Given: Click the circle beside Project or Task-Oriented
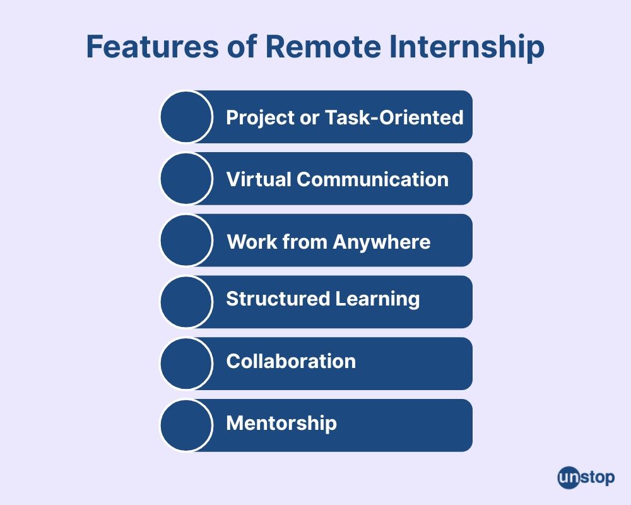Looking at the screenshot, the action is point(186,117).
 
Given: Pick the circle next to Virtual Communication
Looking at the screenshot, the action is point(186,179).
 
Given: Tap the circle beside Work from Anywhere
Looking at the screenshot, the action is point(186,240).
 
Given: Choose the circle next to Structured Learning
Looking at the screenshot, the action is point(186,302).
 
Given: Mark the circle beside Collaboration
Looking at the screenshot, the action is point(186,364).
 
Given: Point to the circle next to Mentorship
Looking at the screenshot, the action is point(186,425).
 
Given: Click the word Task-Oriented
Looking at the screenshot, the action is point(394,117).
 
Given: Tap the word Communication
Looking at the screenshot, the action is point(373,179).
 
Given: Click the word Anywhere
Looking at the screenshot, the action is point(382,242).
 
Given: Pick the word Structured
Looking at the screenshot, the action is point(278,299).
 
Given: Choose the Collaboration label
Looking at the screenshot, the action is point(291,361).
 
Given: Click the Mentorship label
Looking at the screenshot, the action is point(281,424).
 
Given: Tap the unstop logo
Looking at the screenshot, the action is point(586,478).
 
